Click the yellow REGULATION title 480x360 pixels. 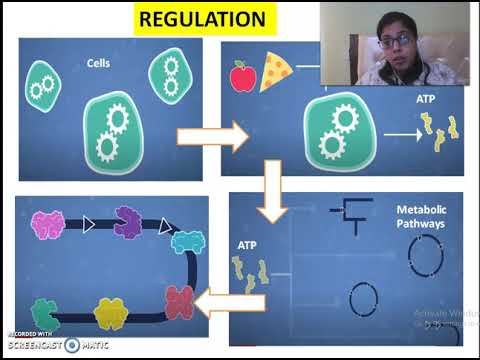coord(215,19)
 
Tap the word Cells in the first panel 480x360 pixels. coord(97,65)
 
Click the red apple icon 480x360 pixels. coord(242,76)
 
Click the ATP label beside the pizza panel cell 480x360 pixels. coord(426,101)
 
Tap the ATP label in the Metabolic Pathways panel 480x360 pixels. coord(247,243)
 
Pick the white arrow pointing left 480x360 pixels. coord(227,300)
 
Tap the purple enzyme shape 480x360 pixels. coord(129,221)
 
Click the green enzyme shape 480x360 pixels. coord(44,312)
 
